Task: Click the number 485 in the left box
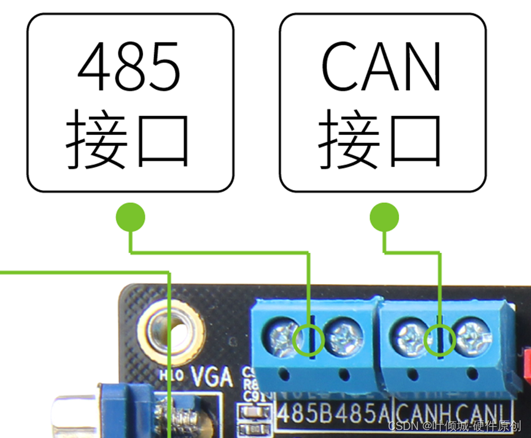(x=130, y=66)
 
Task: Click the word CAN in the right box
(x=381, y=66)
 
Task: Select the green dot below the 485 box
(x=130, y=217)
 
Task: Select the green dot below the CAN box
(x=384, y=217)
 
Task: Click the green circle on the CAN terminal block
(x=440, y=339)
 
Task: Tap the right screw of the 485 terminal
(x=341, y=337)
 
